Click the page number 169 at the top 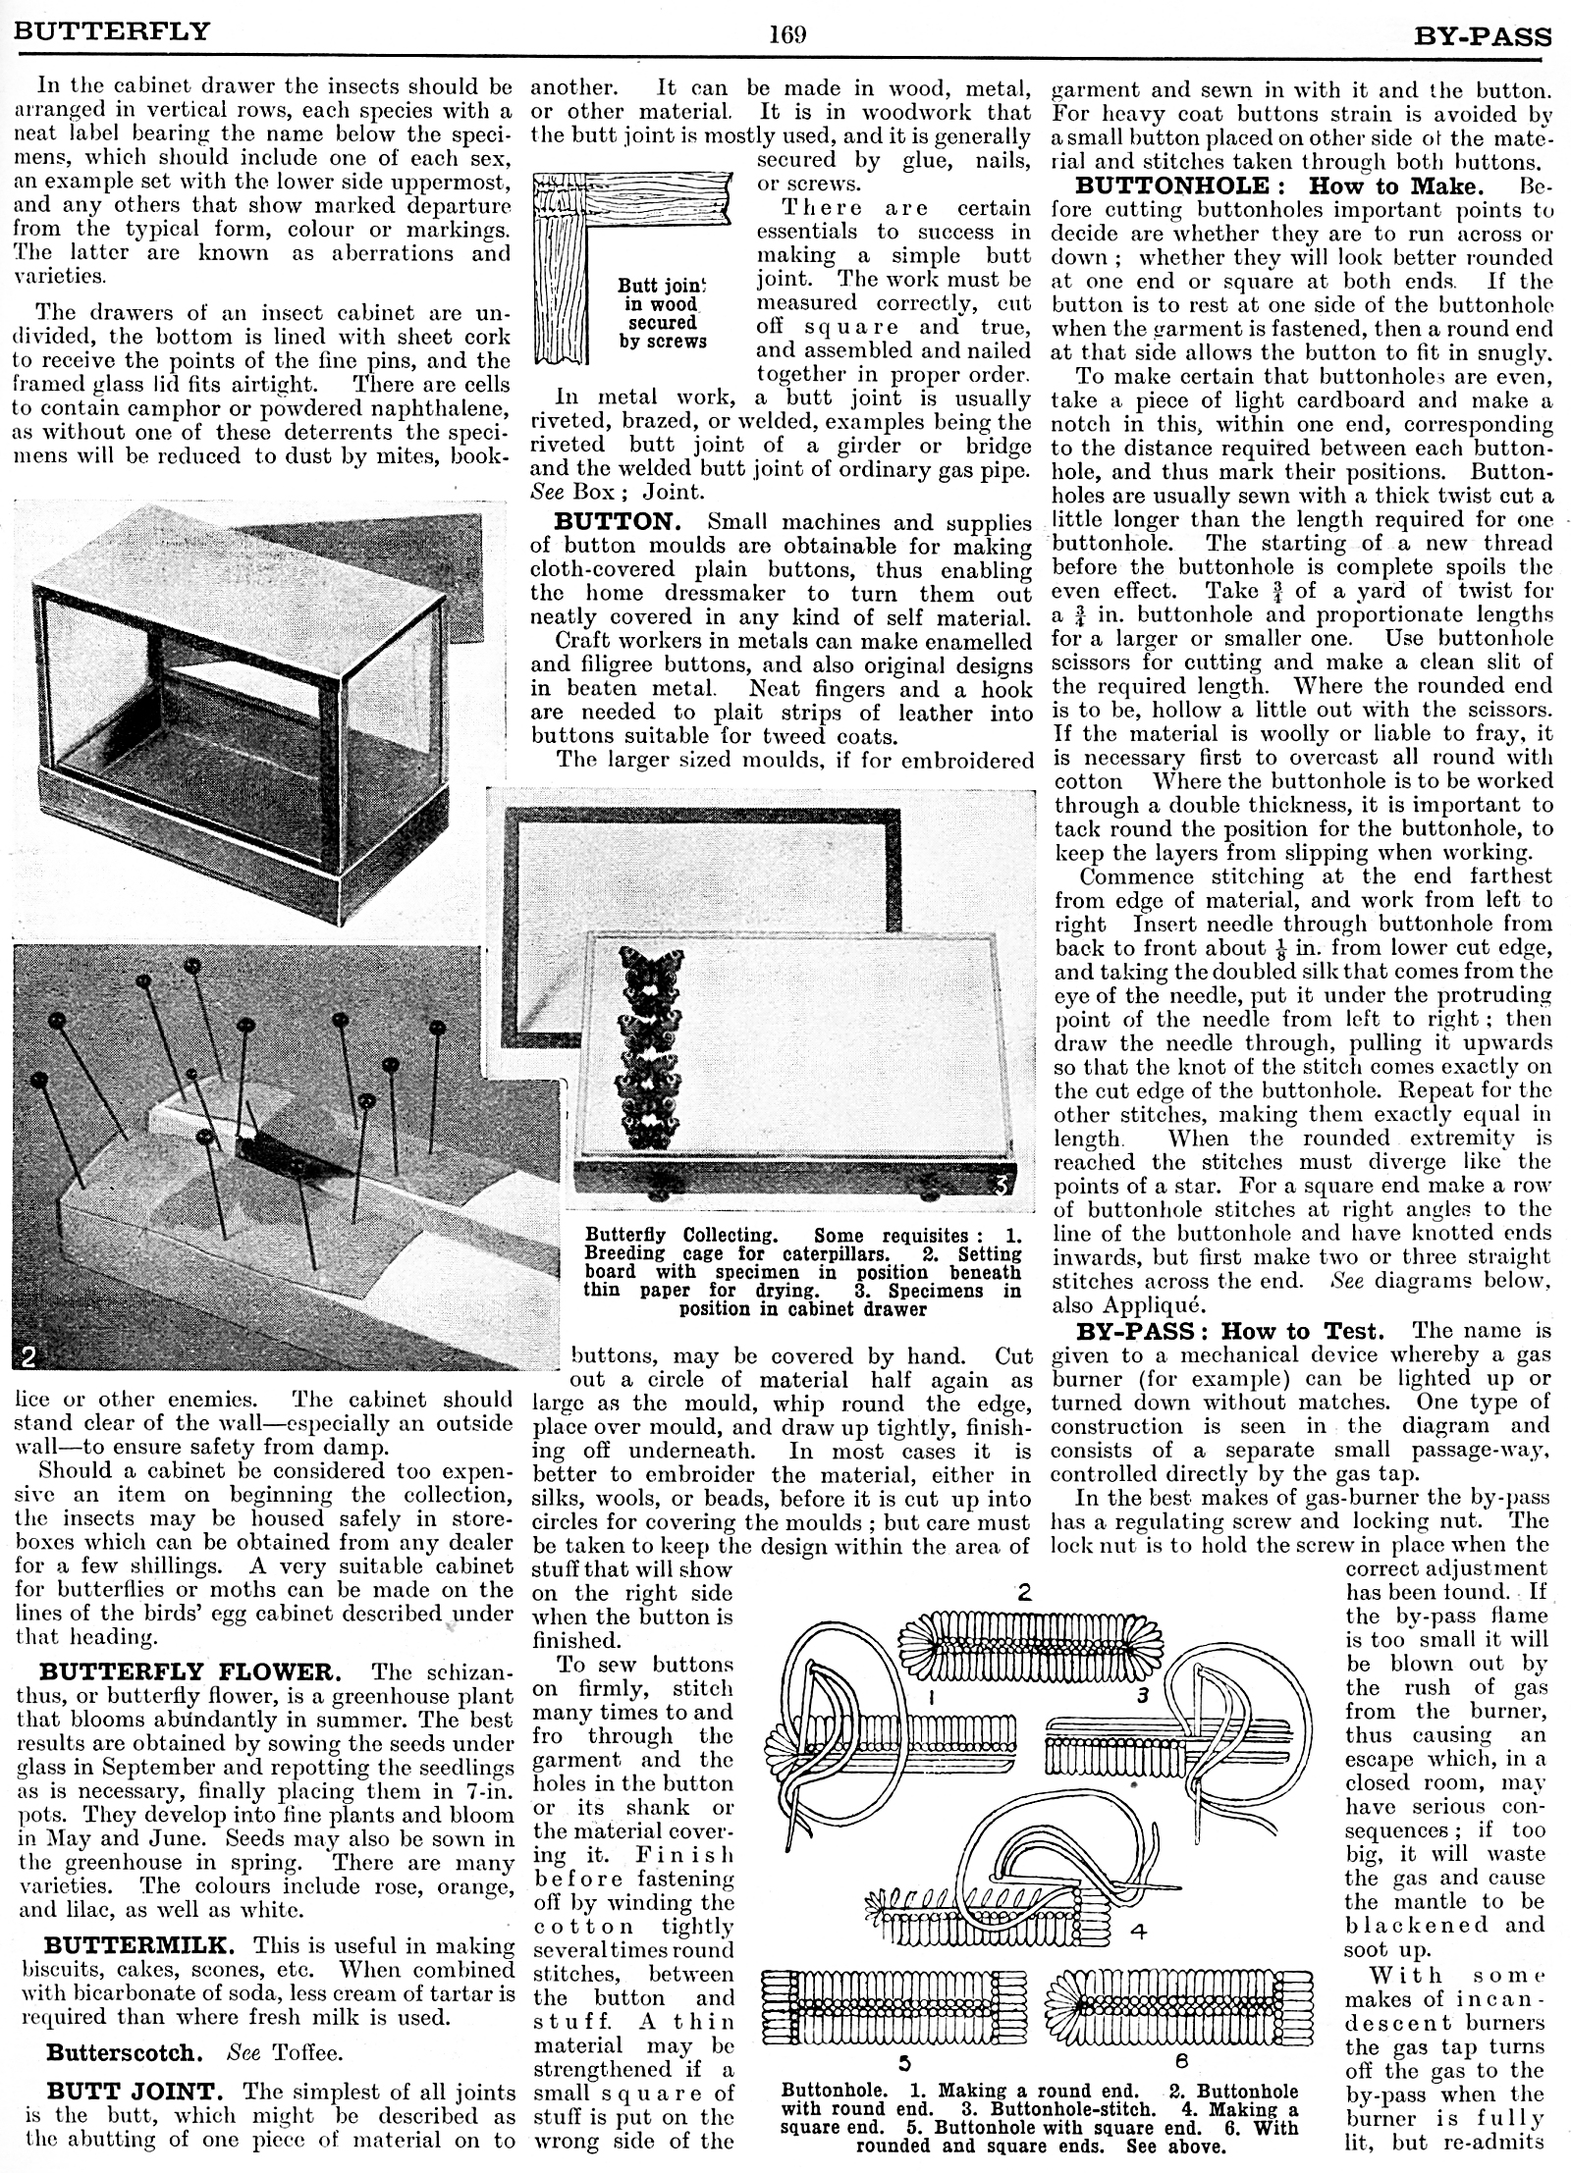(x=787, y=35)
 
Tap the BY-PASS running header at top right (x=1483, y=37)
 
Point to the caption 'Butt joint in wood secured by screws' (x=662, y=313)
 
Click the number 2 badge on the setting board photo (x=28, y=1356)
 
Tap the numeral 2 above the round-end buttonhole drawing (x=1024, y=1592)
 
